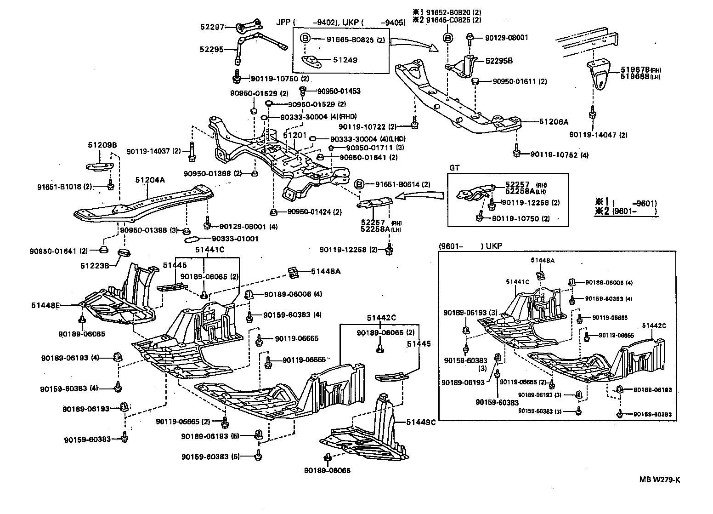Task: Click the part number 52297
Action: coord(211,27)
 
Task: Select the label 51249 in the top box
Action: coord(345,60)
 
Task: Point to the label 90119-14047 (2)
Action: coord(598,135)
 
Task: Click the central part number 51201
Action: coord(294,135)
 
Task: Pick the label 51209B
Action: coord(102,145)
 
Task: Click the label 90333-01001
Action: coord(235,239)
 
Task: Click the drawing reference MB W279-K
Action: coord(660,480)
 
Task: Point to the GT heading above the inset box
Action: coord(454,168)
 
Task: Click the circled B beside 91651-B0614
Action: coord(360,184)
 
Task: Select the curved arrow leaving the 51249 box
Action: coord(412,44)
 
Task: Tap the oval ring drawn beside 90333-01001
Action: coord(192,239)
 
